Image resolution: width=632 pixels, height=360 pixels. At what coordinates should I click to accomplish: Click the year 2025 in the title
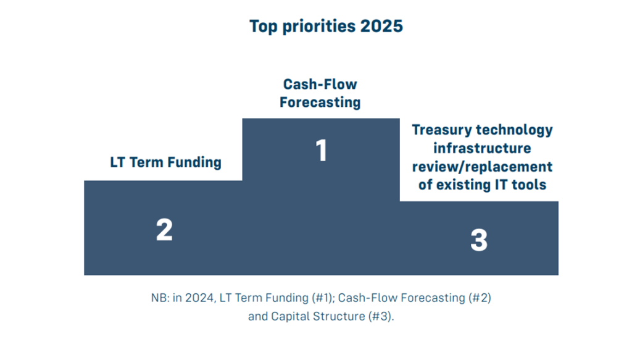pyautogui.click(x=383, y=27)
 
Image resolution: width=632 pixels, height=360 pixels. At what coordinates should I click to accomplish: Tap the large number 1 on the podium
pyautogui.click(x=321, y=151)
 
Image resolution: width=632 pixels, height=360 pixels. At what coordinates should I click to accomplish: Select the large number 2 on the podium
pyautogui.click(x=164, y=230)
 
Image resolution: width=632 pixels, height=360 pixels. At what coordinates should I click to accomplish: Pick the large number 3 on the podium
pyautogui.click(x=479, y=240)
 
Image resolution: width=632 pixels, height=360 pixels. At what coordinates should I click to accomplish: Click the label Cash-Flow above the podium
pyautogui.click(x=320, y=84)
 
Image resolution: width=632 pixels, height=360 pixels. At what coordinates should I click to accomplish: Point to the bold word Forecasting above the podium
pyautogui.click(x=320, y=103)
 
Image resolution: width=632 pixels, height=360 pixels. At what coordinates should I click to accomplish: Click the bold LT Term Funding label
pyautogui.click(x=165, y=163)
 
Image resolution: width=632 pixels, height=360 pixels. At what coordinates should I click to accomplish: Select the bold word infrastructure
pyautogui.click(x=482, y=149)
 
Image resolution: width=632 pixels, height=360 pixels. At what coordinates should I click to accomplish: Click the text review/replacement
pyautogui.click(x=482, y=167)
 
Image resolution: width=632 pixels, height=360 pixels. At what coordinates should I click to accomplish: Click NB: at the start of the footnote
pyautogui.click(x=159, y=298)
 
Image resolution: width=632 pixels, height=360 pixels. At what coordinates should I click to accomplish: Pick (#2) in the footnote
pyautogui.click(x=473, y=298)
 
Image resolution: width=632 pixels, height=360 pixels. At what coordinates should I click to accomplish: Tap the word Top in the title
pyautogui.click(x=262, y=27)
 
